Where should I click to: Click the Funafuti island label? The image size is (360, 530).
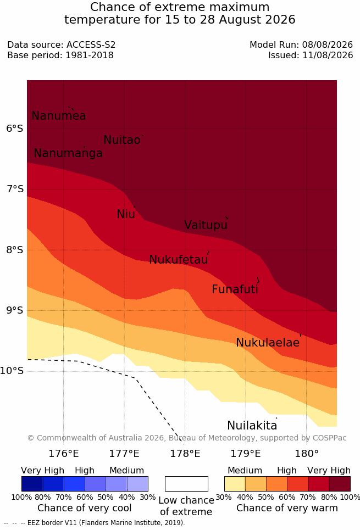coord(235,289)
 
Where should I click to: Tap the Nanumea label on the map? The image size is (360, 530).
coord(58,115)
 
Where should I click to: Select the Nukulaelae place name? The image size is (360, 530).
coord(268,342)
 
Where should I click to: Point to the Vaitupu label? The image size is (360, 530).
coord(206,225)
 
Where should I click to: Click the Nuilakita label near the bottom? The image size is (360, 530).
coord(252,425)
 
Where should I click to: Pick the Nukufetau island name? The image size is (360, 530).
coord(178,260)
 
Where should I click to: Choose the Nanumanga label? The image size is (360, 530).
coord(68,153)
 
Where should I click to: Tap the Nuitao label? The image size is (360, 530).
coord(122,140)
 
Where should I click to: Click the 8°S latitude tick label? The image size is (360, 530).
coord(15,250)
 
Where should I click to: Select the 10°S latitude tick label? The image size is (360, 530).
coord(12,371)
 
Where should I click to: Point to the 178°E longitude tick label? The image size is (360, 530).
coord(185,454)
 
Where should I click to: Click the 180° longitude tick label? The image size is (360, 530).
coord(307,454)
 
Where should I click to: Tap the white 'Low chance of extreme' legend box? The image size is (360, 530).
coord(186,484)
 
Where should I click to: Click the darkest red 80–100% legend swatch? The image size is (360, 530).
coord(340,484)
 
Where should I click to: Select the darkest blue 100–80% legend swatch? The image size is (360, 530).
coord(32,484)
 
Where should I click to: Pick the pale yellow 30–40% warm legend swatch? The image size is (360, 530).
coord(235,484)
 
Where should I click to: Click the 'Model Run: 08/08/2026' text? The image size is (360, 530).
coord(301,44)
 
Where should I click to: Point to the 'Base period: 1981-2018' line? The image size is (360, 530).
coord(60,55)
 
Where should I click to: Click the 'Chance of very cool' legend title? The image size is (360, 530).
coord(85,508)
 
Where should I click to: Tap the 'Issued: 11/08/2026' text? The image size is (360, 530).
coord(311,55)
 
